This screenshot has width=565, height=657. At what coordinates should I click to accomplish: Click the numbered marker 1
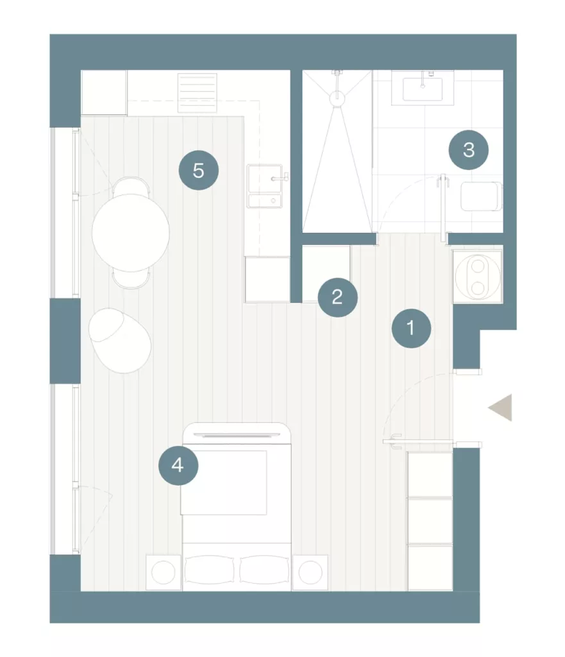point(411,328)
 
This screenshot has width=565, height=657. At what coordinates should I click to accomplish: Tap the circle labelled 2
point(337,297)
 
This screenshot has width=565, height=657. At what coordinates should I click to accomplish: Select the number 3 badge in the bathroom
point(469,150)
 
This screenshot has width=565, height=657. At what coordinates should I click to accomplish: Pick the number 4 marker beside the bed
point(178,466)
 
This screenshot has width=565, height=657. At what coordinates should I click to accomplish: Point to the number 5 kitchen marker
point(199,170)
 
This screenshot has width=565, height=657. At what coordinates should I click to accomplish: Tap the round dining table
point(131,233)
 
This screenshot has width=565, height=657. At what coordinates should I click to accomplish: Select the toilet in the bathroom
point(481,196)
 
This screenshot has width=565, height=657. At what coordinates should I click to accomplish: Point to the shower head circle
point(337,98)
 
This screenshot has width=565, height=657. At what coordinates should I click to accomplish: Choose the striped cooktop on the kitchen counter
point(198,93)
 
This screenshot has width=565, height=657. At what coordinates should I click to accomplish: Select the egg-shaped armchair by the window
point(120,340)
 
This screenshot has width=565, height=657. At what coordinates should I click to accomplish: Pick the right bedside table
point(310,572)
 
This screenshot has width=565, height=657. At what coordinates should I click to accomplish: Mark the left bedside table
point(164,572)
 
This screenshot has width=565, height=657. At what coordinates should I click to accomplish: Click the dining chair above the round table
point(131,185)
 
